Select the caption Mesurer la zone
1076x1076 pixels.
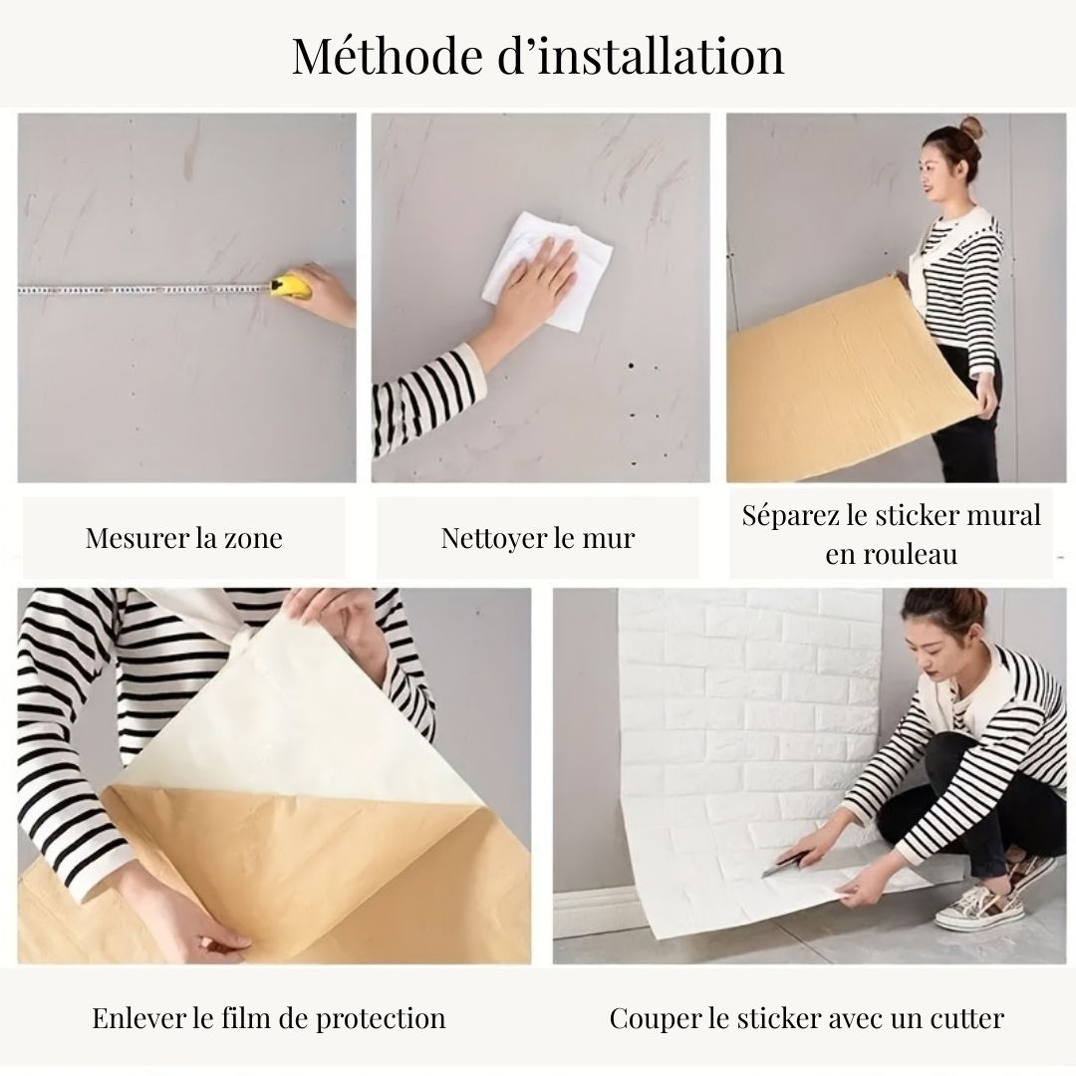pyautogui.click(x=183, y=539)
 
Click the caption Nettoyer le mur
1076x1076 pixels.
pyautogui.click(x=537, y=539)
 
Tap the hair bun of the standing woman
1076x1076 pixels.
pyautogui.click(x=969, y=127)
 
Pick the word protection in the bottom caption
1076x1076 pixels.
pyautogui.click(x=381, y=1018)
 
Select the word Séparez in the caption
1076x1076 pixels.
pyautogui.click(x=786, y=515)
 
